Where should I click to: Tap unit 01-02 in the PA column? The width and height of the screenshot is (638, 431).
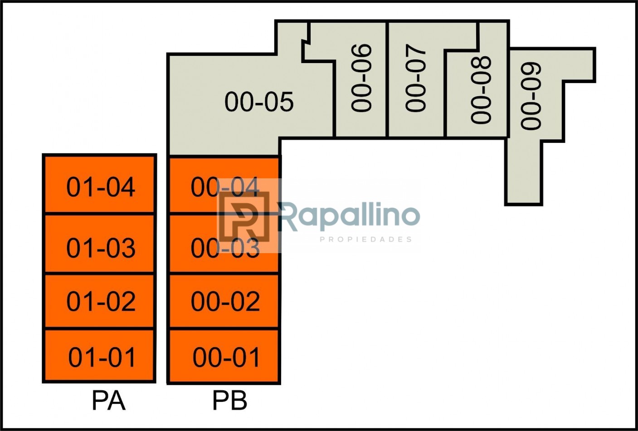point(100,300)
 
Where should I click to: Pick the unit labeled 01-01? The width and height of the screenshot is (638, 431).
point(100,356)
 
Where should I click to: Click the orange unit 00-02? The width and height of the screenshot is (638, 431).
point(225,300)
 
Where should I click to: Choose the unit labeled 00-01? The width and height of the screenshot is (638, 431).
point(225,356)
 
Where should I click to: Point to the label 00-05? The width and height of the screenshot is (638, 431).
point(259,102)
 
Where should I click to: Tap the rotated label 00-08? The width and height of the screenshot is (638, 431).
point(481,90)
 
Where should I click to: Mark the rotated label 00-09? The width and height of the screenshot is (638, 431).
point(531,96)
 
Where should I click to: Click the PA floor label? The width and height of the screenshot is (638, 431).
point(108,401)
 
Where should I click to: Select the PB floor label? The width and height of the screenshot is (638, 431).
point(229,401)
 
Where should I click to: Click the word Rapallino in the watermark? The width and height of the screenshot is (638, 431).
point(349,215)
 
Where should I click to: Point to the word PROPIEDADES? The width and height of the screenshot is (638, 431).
point(365,239)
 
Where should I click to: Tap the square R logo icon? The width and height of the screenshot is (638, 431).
point(244,215)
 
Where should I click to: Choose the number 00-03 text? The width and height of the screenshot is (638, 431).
point(225,248)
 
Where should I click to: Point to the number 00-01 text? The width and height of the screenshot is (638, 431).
point(226,358)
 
